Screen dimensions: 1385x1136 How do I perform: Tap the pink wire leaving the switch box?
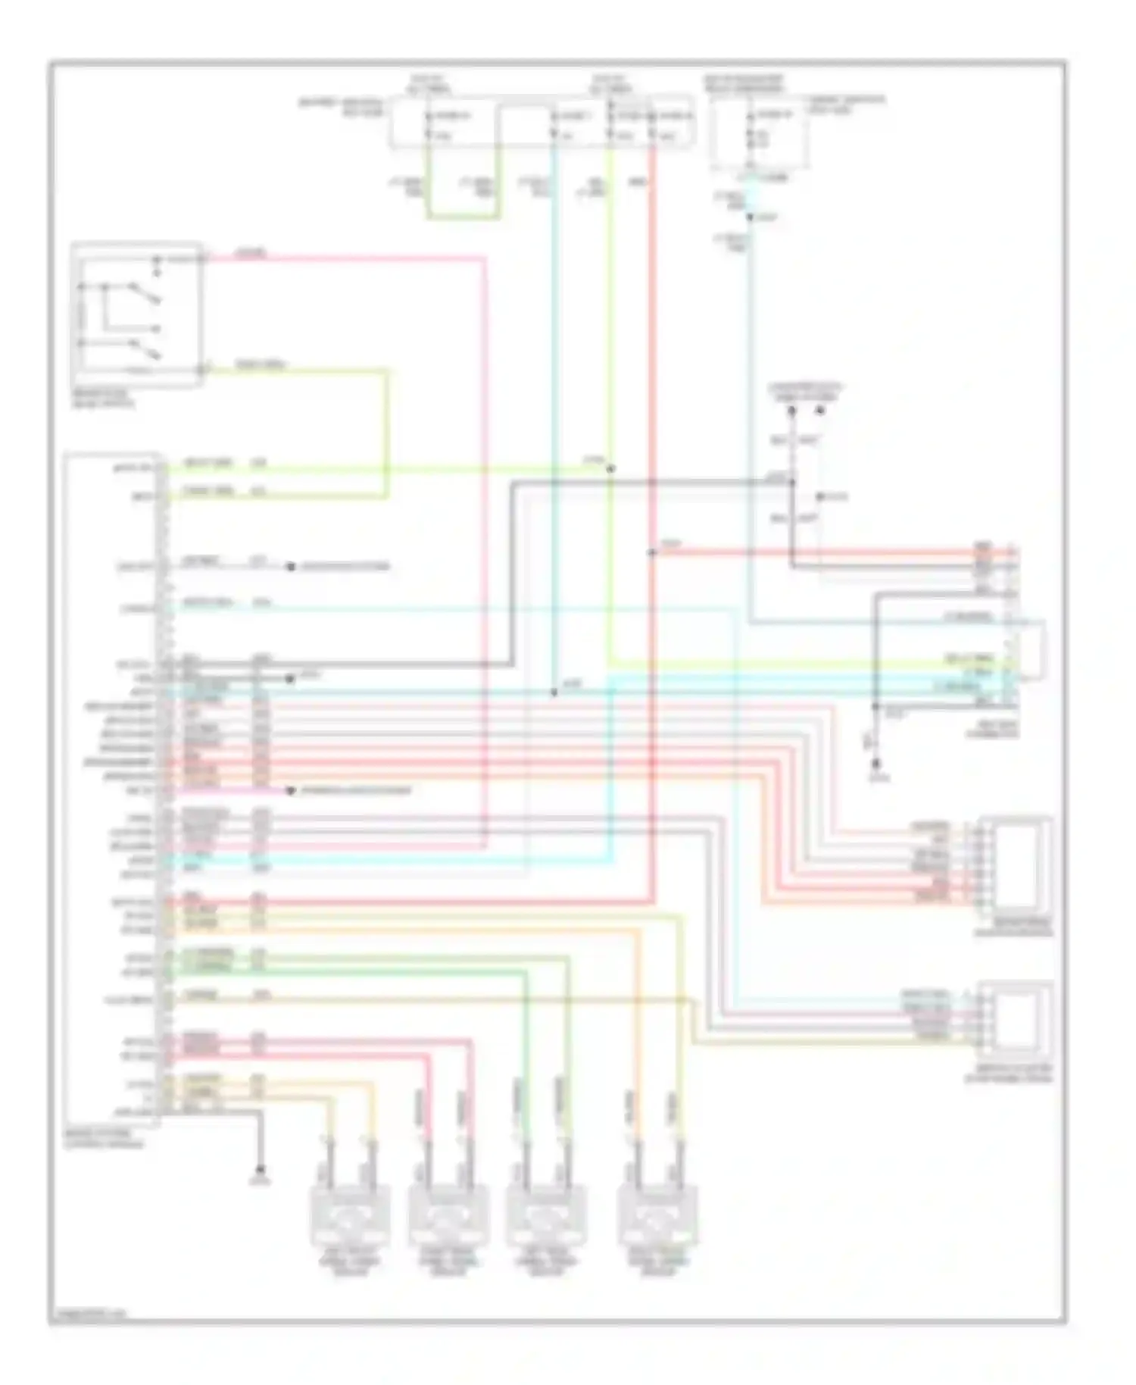(x=341, y=258)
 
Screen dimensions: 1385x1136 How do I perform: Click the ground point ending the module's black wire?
(x=261, y=1168)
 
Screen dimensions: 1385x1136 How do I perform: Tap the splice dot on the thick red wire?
(x=652, y=552)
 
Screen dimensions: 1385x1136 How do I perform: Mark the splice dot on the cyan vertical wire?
(x=554, y=692)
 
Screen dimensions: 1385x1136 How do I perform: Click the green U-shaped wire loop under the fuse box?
(x=463, y=217)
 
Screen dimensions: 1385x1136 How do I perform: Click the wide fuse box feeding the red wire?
(x=541, y=121)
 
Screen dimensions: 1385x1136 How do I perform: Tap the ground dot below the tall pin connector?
(x=876, y=764)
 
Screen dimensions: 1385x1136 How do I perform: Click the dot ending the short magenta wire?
(x=290, y=791)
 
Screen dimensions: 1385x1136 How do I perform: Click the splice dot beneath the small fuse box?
(x=750, y=217)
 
